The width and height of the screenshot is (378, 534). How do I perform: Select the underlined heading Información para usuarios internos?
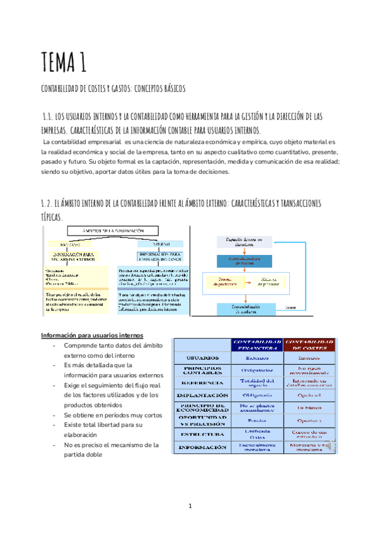[x=92, y=334]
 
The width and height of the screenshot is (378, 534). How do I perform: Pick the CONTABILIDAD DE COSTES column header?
[x=309, y=343]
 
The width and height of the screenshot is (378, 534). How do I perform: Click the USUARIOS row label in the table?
[x=203, y=358]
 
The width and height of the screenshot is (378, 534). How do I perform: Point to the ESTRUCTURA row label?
[x=203, y=434]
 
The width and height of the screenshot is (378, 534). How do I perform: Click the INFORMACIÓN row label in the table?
[x=203, y=447]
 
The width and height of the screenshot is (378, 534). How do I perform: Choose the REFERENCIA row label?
[x=203, y=382]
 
